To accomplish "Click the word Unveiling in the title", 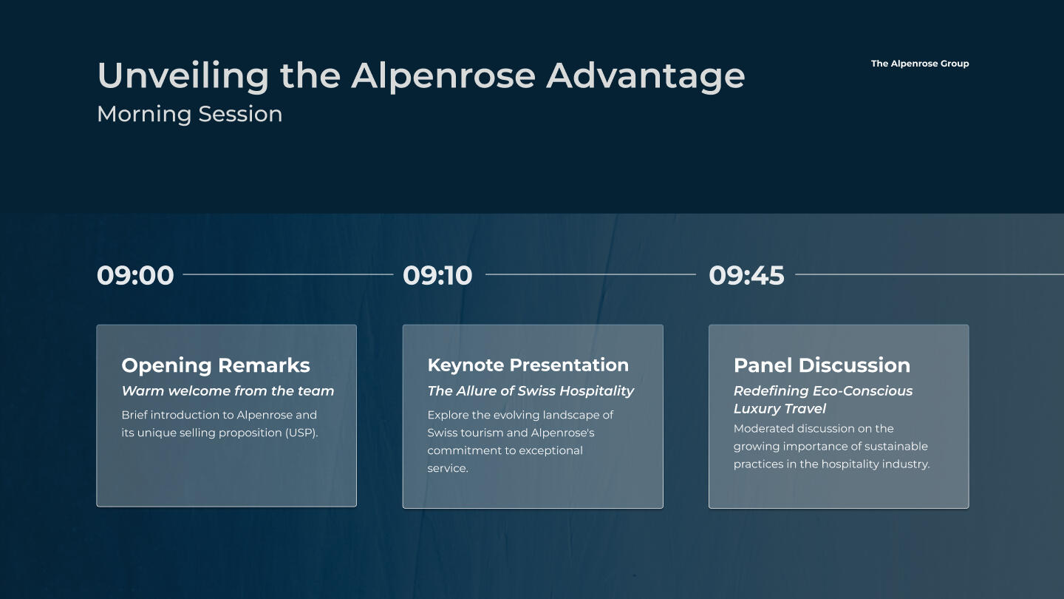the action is pos(183,76).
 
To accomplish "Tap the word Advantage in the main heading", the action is pos(646,77).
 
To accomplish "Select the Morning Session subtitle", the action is pos(189,115).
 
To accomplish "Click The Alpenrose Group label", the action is pos(920,64).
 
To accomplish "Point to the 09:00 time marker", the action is pos(135,275).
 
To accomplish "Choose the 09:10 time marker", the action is pos(437,275).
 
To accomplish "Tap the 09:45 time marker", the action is pos(746,275).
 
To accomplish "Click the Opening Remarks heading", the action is pos(216,365).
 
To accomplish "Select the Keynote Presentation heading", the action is pos(528,365).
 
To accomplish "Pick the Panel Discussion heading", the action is pos(822,365).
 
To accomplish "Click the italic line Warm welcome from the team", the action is pos(228,390).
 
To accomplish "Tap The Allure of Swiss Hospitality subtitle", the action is pos(531,391).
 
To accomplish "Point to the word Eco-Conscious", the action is pos(862,390).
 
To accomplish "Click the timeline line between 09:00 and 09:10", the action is pos(288,274).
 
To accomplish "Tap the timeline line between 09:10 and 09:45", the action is pos(590,274).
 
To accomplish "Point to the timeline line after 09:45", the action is pos(930,274).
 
